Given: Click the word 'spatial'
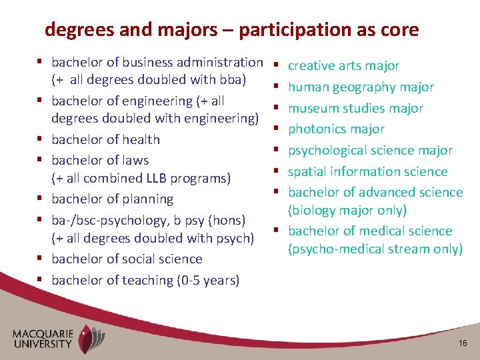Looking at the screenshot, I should coord(307,171).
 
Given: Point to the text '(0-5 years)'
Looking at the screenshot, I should coord(207,281).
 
